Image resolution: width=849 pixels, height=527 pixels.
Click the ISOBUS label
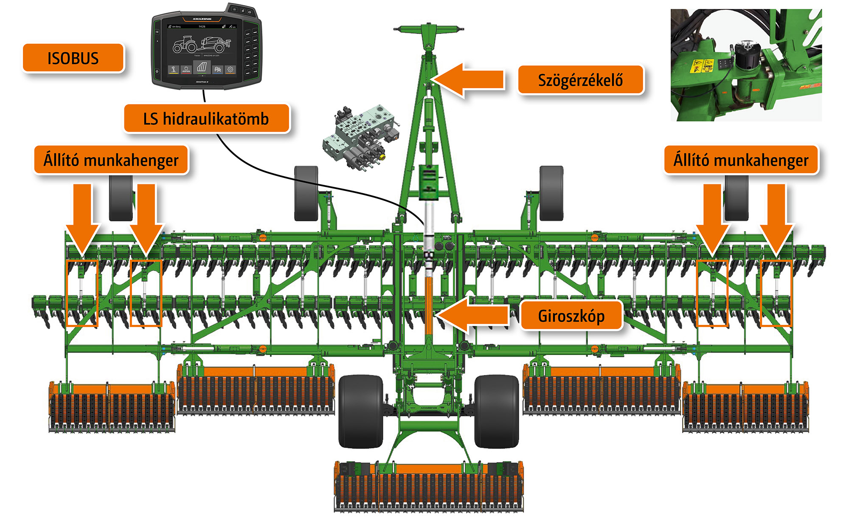click(73, 58)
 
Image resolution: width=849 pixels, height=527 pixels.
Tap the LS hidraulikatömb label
click(206, 119)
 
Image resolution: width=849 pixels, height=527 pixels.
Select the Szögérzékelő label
click(580, 80)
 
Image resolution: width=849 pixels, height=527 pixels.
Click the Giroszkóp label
click(571, 316)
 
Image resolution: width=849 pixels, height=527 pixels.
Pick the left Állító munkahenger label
click(111, 160)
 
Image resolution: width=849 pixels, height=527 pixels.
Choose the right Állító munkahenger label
click(741, 160)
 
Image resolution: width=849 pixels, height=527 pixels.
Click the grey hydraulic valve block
click(361, 136)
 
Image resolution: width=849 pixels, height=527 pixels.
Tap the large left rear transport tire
click(361, 411)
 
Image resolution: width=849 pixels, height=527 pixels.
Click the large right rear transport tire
click(497, 411)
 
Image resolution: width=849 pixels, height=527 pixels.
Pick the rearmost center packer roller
click(429, 486)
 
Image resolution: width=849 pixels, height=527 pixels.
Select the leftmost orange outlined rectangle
click(82, 293)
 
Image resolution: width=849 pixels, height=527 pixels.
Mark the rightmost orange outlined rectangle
click(776, 293)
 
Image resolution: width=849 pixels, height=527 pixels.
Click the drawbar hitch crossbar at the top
click(429, 29)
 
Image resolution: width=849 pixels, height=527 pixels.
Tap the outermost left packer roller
click(112, 408)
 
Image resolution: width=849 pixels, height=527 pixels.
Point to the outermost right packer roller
click(745, 408)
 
